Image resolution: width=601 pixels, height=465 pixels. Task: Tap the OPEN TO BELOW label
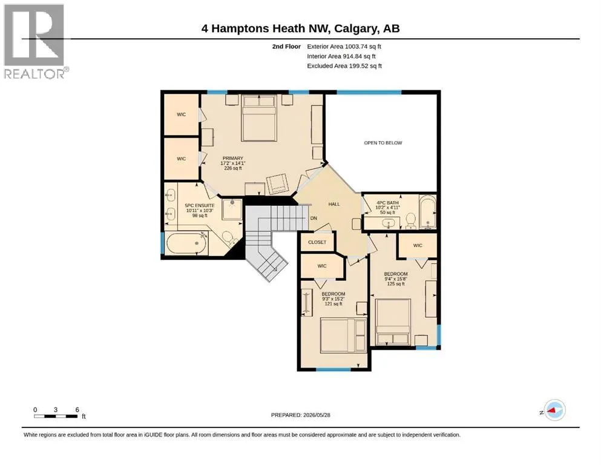point(383,143)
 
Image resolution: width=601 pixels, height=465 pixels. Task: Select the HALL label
point(334,204)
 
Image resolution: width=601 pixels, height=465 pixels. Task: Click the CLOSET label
point(317,242)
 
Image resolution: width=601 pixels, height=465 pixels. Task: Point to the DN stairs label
point(314,218)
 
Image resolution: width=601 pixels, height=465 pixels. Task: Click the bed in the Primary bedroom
point(259,118)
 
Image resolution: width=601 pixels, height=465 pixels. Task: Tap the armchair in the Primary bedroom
point(277,184)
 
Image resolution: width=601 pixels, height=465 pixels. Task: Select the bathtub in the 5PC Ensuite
point(186,243)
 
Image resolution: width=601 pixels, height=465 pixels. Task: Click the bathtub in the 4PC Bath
point(427,212)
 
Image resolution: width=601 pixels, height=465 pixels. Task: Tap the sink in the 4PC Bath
point(389,223)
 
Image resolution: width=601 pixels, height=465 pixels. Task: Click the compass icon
point(554,410)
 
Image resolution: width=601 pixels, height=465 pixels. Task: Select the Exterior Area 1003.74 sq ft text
point(344,47)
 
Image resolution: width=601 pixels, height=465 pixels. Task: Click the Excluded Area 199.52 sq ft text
point(344,66)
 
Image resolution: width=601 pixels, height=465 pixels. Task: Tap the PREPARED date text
point(300,415)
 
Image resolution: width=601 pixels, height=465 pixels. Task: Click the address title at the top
point(300,28)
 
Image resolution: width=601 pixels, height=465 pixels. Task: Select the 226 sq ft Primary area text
point(232,168)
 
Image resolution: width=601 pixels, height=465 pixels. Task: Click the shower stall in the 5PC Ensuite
point(232,209)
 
